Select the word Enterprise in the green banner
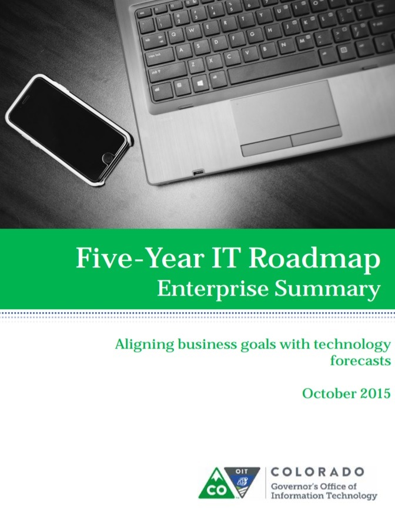[x=213, y=289]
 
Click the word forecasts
[x=360, y=360]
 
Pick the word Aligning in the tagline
[x=145, y=345]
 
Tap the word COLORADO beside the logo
[x=317, y=471]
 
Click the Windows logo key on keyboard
[x=200, y=83]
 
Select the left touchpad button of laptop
[x=267, y=145]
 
